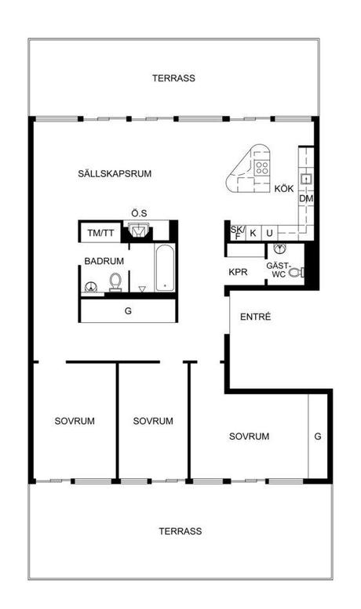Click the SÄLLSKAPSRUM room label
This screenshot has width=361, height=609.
click(115, 174)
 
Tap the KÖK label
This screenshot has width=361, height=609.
click(284, 189)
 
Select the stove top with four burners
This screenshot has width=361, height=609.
click(262, 168)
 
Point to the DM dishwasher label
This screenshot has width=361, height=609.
click(306, 198)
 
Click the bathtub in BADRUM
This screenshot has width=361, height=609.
click(165, 267)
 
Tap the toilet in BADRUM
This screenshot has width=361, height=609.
click(115, 281)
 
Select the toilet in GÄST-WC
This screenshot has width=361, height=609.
click(296, 272)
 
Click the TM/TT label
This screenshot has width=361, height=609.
click(100, 233)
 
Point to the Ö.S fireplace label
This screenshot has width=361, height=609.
click(139, 213)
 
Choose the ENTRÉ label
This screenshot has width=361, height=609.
click(255, 317)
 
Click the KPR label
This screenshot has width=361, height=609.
click(238, 272)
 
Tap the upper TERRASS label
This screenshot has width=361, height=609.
click(173, 78)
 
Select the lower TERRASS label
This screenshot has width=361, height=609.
click(180, 531)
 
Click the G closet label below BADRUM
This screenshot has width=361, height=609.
click(128, 310)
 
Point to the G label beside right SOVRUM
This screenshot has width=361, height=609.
click(318, 436)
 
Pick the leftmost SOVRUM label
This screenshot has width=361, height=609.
click(75, 421)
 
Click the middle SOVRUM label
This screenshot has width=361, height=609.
click(153, 421)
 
